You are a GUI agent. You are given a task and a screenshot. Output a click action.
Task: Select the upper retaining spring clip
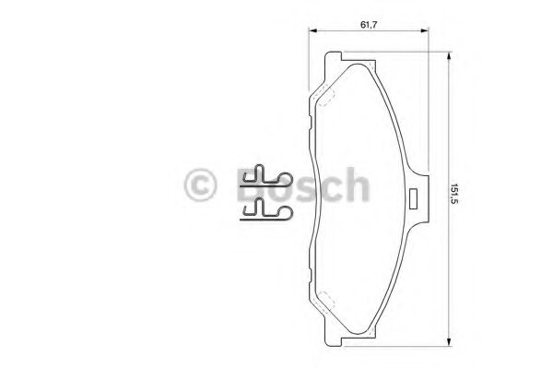pos(266,176)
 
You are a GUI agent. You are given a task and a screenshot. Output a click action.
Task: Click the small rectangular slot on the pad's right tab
pos(416,195)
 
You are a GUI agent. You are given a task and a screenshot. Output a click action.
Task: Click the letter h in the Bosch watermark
pos(357,185)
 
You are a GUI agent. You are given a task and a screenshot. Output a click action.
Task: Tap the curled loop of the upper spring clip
pos(261,172)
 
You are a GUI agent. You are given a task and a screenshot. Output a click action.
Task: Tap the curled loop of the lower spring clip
pos(261,206)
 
